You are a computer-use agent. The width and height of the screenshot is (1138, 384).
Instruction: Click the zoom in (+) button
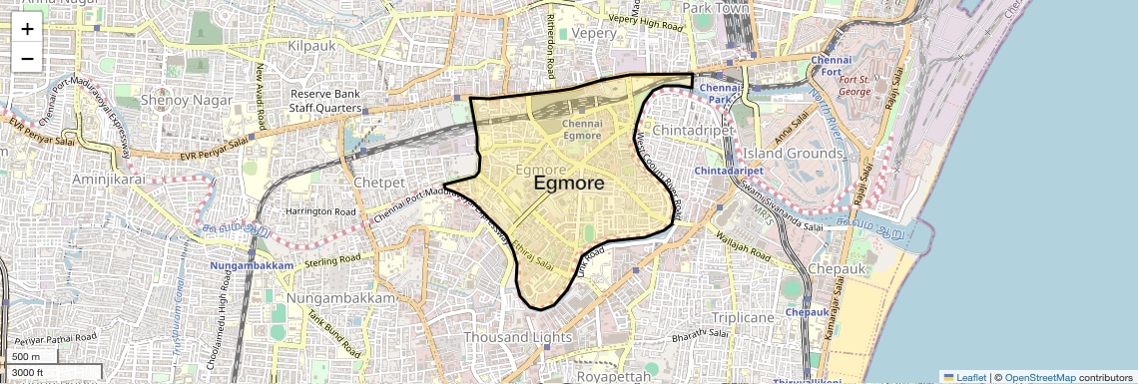[27, 29]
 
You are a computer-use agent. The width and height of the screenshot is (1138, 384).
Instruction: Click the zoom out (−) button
[27, 59]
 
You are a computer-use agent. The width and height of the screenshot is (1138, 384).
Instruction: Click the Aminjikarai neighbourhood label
[109, 179]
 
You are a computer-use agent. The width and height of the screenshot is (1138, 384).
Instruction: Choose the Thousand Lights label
[517, 337]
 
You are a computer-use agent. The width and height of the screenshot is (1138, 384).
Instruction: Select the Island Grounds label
[793, 154]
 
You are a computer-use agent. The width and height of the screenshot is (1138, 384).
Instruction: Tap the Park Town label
[715, 8]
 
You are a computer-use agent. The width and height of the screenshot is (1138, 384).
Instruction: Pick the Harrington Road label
[320, 212]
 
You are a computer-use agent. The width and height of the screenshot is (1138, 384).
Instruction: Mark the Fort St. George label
[854, 86]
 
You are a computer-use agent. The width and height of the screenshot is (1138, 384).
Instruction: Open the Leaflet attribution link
[964, 377]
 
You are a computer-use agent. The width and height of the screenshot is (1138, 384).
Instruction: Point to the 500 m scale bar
[28, 357]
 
